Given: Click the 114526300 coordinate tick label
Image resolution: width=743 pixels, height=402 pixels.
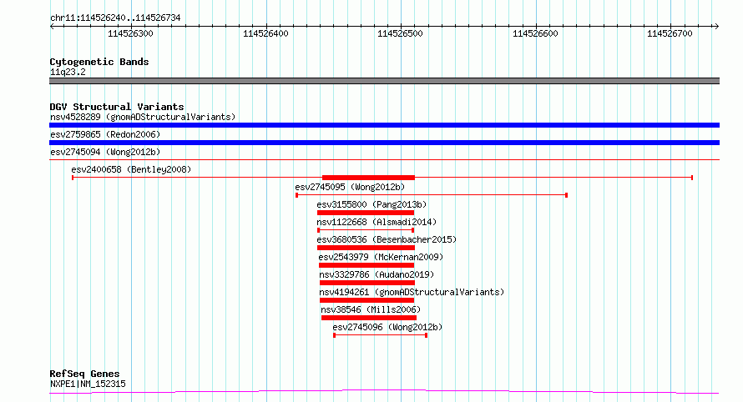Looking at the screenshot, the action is point(130,33).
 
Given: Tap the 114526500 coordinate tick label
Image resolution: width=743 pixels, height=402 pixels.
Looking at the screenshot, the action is point(400,33).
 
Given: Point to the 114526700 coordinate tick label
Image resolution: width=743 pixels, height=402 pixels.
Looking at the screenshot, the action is point(670,33).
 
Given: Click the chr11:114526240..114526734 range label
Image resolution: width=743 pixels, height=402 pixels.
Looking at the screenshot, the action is point(115,18).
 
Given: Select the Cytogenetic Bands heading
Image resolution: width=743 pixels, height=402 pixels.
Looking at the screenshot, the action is point(99,62).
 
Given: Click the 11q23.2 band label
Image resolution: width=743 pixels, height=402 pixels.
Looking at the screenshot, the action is point(68,72).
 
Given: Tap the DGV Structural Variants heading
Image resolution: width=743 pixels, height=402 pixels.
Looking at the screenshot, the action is point(117,107).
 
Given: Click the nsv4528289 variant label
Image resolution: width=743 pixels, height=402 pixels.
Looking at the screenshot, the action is point(75,117).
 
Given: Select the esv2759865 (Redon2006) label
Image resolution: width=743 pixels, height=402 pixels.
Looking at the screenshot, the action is point(105,134).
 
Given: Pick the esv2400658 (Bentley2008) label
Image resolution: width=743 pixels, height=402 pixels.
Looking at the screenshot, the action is point(131,169).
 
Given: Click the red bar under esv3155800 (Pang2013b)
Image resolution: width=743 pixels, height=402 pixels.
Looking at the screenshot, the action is point(366,213).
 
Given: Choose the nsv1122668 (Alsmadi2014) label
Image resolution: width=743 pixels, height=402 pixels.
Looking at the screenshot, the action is point(377,222).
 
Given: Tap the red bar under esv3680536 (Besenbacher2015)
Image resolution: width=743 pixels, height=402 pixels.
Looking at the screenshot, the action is point(366,248).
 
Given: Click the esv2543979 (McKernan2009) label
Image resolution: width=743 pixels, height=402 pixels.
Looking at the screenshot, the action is point(381,257).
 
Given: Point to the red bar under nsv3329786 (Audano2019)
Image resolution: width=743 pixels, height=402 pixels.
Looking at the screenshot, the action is point(367,283).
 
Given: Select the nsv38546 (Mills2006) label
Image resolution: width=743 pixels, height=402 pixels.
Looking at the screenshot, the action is point(371,309).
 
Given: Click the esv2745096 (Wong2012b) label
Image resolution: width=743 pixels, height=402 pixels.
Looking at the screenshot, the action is point(387,327).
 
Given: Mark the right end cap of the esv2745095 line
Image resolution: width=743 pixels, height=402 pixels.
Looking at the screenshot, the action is point(566,195).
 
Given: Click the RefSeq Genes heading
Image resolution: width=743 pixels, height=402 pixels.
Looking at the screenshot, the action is point(84,374).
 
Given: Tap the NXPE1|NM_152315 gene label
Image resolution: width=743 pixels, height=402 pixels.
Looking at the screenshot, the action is point(88,384).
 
